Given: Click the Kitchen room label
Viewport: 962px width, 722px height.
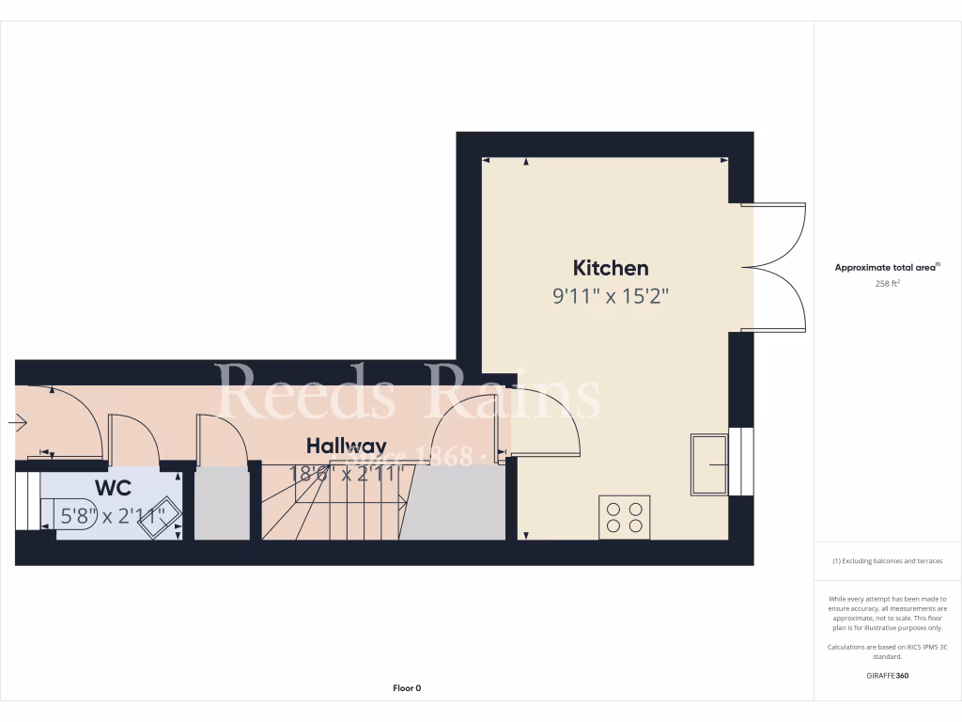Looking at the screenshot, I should [x=611, y=268].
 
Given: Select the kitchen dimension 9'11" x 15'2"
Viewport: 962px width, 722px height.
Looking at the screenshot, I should [x=611, y=297].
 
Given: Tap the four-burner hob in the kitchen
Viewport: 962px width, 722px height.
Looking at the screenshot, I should [x=624, y=516].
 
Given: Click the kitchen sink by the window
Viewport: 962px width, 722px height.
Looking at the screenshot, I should [x=708, y=463].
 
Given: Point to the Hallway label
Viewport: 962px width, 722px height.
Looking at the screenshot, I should [x=347, y=446].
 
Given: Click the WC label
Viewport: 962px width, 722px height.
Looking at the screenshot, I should [x=112, y=488].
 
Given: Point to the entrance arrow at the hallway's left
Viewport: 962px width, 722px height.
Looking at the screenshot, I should [x=19, y=423].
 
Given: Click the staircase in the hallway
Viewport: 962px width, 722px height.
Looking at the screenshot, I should [x=334, y=503].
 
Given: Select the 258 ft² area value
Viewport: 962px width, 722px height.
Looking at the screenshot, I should [x=887, y=283].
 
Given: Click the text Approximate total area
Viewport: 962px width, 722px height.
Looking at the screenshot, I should [x=887, y=268].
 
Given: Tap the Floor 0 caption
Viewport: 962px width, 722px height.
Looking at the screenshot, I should [x=407, y=688].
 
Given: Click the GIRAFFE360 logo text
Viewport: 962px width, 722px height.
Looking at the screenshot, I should [x=887, y=675].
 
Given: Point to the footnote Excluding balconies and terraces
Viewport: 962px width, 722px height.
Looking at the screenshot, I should [x=887, y=561].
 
